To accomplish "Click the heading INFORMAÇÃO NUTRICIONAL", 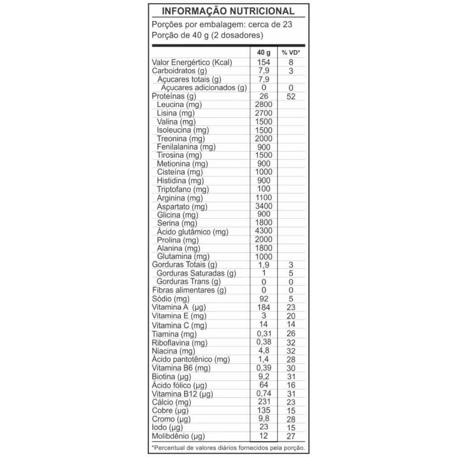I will (x=228, y=11).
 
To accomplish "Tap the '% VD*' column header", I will (x=291, y=53).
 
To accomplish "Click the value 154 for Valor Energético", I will (x=264, y=62).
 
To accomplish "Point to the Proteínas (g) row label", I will (x=174, y=96).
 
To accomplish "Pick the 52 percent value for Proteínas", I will (x=291, y=96).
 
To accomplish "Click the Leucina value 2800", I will (x=264, y=104).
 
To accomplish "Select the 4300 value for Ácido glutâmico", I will (x=264, y=231).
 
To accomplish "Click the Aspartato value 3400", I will (x=264, y=206).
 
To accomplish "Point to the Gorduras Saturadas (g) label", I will (x=196, y=273).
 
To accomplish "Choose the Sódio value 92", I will (x=264, y=299).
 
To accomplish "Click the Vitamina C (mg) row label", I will (x=179, y=325).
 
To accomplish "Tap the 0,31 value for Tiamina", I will (x=264, y=333).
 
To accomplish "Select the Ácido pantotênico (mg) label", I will (x=191, y=359).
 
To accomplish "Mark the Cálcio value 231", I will (x=264, y=402).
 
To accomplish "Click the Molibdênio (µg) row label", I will (x=179, y=436).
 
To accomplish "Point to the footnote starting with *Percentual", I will (x=228, y=447).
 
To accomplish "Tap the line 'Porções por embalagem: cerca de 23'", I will (x=222, y=25).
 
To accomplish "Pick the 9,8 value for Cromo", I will (x=264, y=419).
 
